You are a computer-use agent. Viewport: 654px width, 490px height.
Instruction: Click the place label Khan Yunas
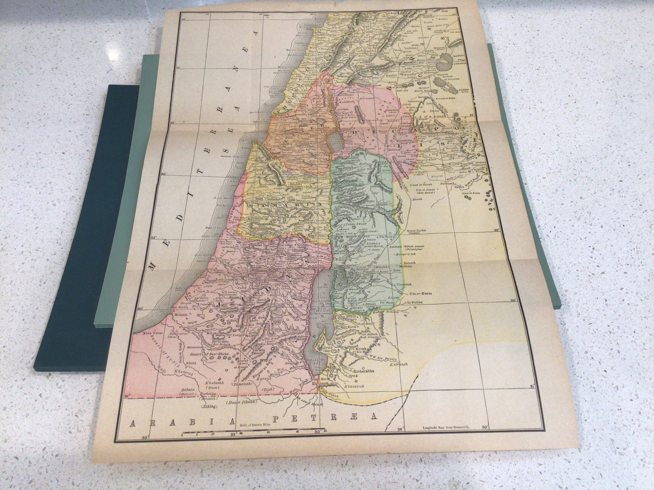tap(153, 333)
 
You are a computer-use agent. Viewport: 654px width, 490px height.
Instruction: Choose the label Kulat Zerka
tap(417, 231)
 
